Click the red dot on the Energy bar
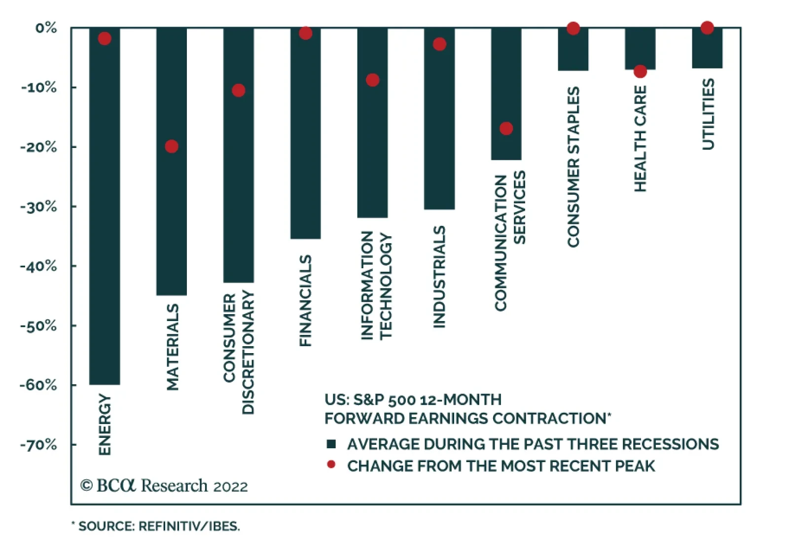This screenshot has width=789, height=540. pyautogui.click(x=105, y=38)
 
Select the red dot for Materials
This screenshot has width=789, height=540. pyautogui.click(x=172, y=146)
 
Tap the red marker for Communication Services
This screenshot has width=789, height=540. pyautogui.click(x=506, y=129)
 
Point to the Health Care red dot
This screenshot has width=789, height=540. pyautogui.click(x=640, y=72)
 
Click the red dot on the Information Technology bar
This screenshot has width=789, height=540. pyautogui.click(x=373, y=80)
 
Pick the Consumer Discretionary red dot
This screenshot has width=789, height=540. pyautogui.click(x=239, y=90)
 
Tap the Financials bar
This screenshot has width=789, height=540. pyautogui.click(x=305, y=138)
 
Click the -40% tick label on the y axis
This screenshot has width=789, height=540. pyautogui.click(x=38, y=266)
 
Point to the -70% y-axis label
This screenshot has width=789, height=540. pyautogui.click(x=38, y=445)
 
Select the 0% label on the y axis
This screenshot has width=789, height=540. pyautogui.click(x=46, y=28)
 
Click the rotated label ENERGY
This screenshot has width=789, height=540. pyautogui.click(x=105, y=424)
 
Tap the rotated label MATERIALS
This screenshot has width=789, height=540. pyautogui.click(x=172, y=347)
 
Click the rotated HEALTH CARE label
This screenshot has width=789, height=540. pyautogui.click(x=640, y=139)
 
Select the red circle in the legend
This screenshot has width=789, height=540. pyautogui.click(x=331, y=465)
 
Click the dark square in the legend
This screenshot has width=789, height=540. pyautogui.click(x=331, y=444)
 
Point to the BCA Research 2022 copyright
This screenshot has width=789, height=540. pyautogui.click(x=164, y=486)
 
